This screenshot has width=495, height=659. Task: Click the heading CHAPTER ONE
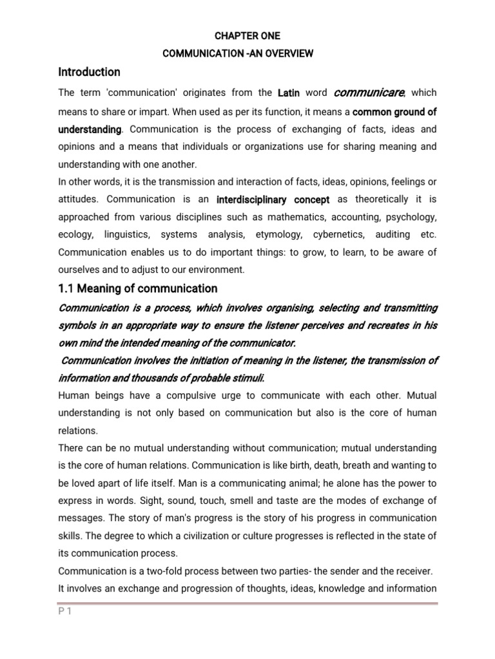pyautogui.click(x=247, y=36)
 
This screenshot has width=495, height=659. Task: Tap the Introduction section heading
pyautogui.click(x=89, y=72)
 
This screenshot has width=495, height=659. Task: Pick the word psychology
pyautogui.click(x=407, y=217)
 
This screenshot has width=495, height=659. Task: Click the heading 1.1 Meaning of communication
pyautogui.click(x=138, y=288)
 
